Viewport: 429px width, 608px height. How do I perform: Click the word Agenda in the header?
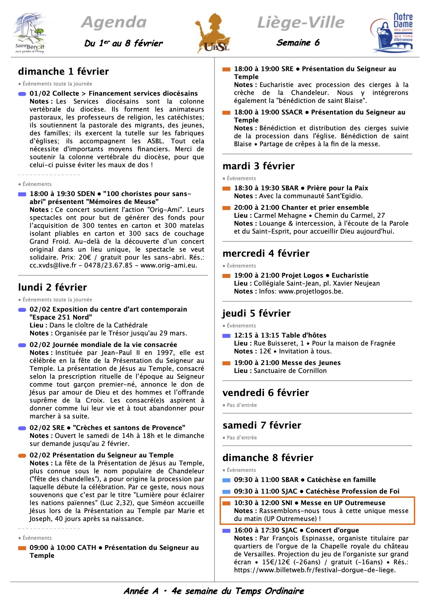tap(114, 22)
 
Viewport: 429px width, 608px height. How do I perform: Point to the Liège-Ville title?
tap(301, 22)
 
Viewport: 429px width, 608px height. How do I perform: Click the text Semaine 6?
tap(298, 43)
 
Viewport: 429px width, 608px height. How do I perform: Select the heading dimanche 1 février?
tap(63, 71)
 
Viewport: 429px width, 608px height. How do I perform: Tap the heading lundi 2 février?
tap(53, 287)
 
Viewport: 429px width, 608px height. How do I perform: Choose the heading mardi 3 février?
tap(258, 166)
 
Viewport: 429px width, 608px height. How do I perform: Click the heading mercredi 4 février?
tap(266, 253)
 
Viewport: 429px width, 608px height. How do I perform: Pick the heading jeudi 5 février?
tap(256, 313)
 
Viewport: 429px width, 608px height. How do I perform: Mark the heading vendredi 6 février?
tap(266, 393)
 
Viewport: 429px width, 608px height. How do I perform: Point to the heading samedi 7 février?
tap(262, 425)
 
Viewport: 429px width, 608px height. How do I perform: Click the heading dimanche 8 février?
tap(268, 458)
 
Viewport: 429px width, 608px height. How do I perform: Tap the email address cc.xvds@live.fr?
tap(53, 265)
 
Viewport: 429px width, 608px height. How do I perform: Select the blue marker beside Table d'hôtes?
tap(226, 336)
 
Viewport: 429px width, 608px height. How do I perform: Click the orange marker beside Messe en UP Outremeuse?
tap(226, 503)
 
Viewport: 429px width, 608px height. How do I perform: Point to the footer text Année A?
tap(141, 591)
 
